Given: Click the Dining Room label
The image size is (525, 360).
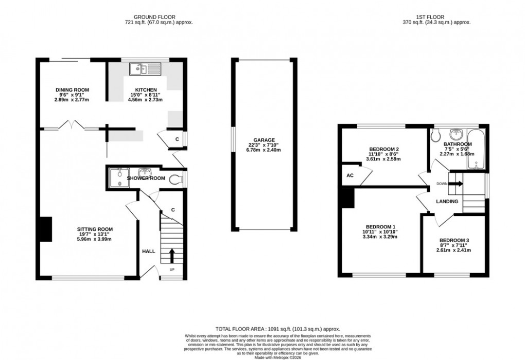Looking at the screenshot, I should [x=72, y=90].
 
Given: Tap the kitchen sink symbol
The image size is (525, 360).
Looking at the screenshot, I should [x=146, y=67].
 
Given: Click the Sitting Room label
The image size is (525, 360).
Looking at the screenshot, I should [x=95, y=229].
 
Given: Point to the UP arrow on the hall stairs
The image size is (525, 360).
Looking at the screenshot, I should [x=172, y=255].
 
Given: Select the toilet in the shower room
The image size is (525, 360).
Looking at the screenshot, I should [x=176, y=179].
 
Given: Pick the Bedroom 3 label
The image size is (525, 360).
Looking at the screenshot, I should [x=454, y=240].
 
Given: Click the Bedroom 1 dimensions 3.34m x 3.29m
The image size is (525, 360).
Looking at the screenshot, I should [x=380, y=238].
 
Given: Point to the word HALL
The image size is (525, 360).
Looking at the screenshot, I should [x=149, y=251].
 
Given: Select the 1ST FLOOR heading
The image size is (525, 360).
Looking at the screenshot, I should [x=437, y=16].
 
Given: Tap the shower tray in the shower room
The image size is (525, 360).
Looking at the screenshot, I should [x=119, y=178].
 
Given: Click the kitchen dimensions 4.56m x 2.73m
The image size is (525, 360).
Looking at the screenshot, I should [x=145, y=100].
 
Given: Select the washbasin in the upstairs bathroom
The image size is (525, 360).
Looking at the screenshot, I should [x=457, y=133].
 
